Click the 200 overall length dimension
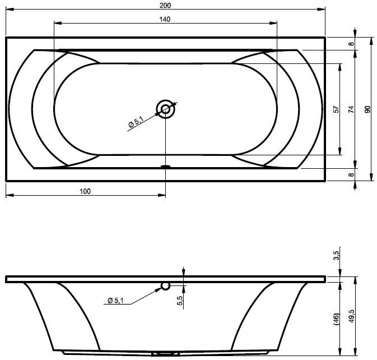[165, 5]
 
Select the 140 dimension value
[165, 19]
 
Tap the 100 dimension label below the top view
[85, 191]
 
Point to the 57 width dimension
[336, 109]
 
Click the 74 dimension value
[351, 109]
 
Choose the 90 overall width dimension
[367, 109]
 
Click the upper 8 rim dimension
[352, 44]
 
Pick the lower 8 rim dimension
[352, 174]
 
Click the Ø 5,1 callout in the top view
[136, 122]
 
